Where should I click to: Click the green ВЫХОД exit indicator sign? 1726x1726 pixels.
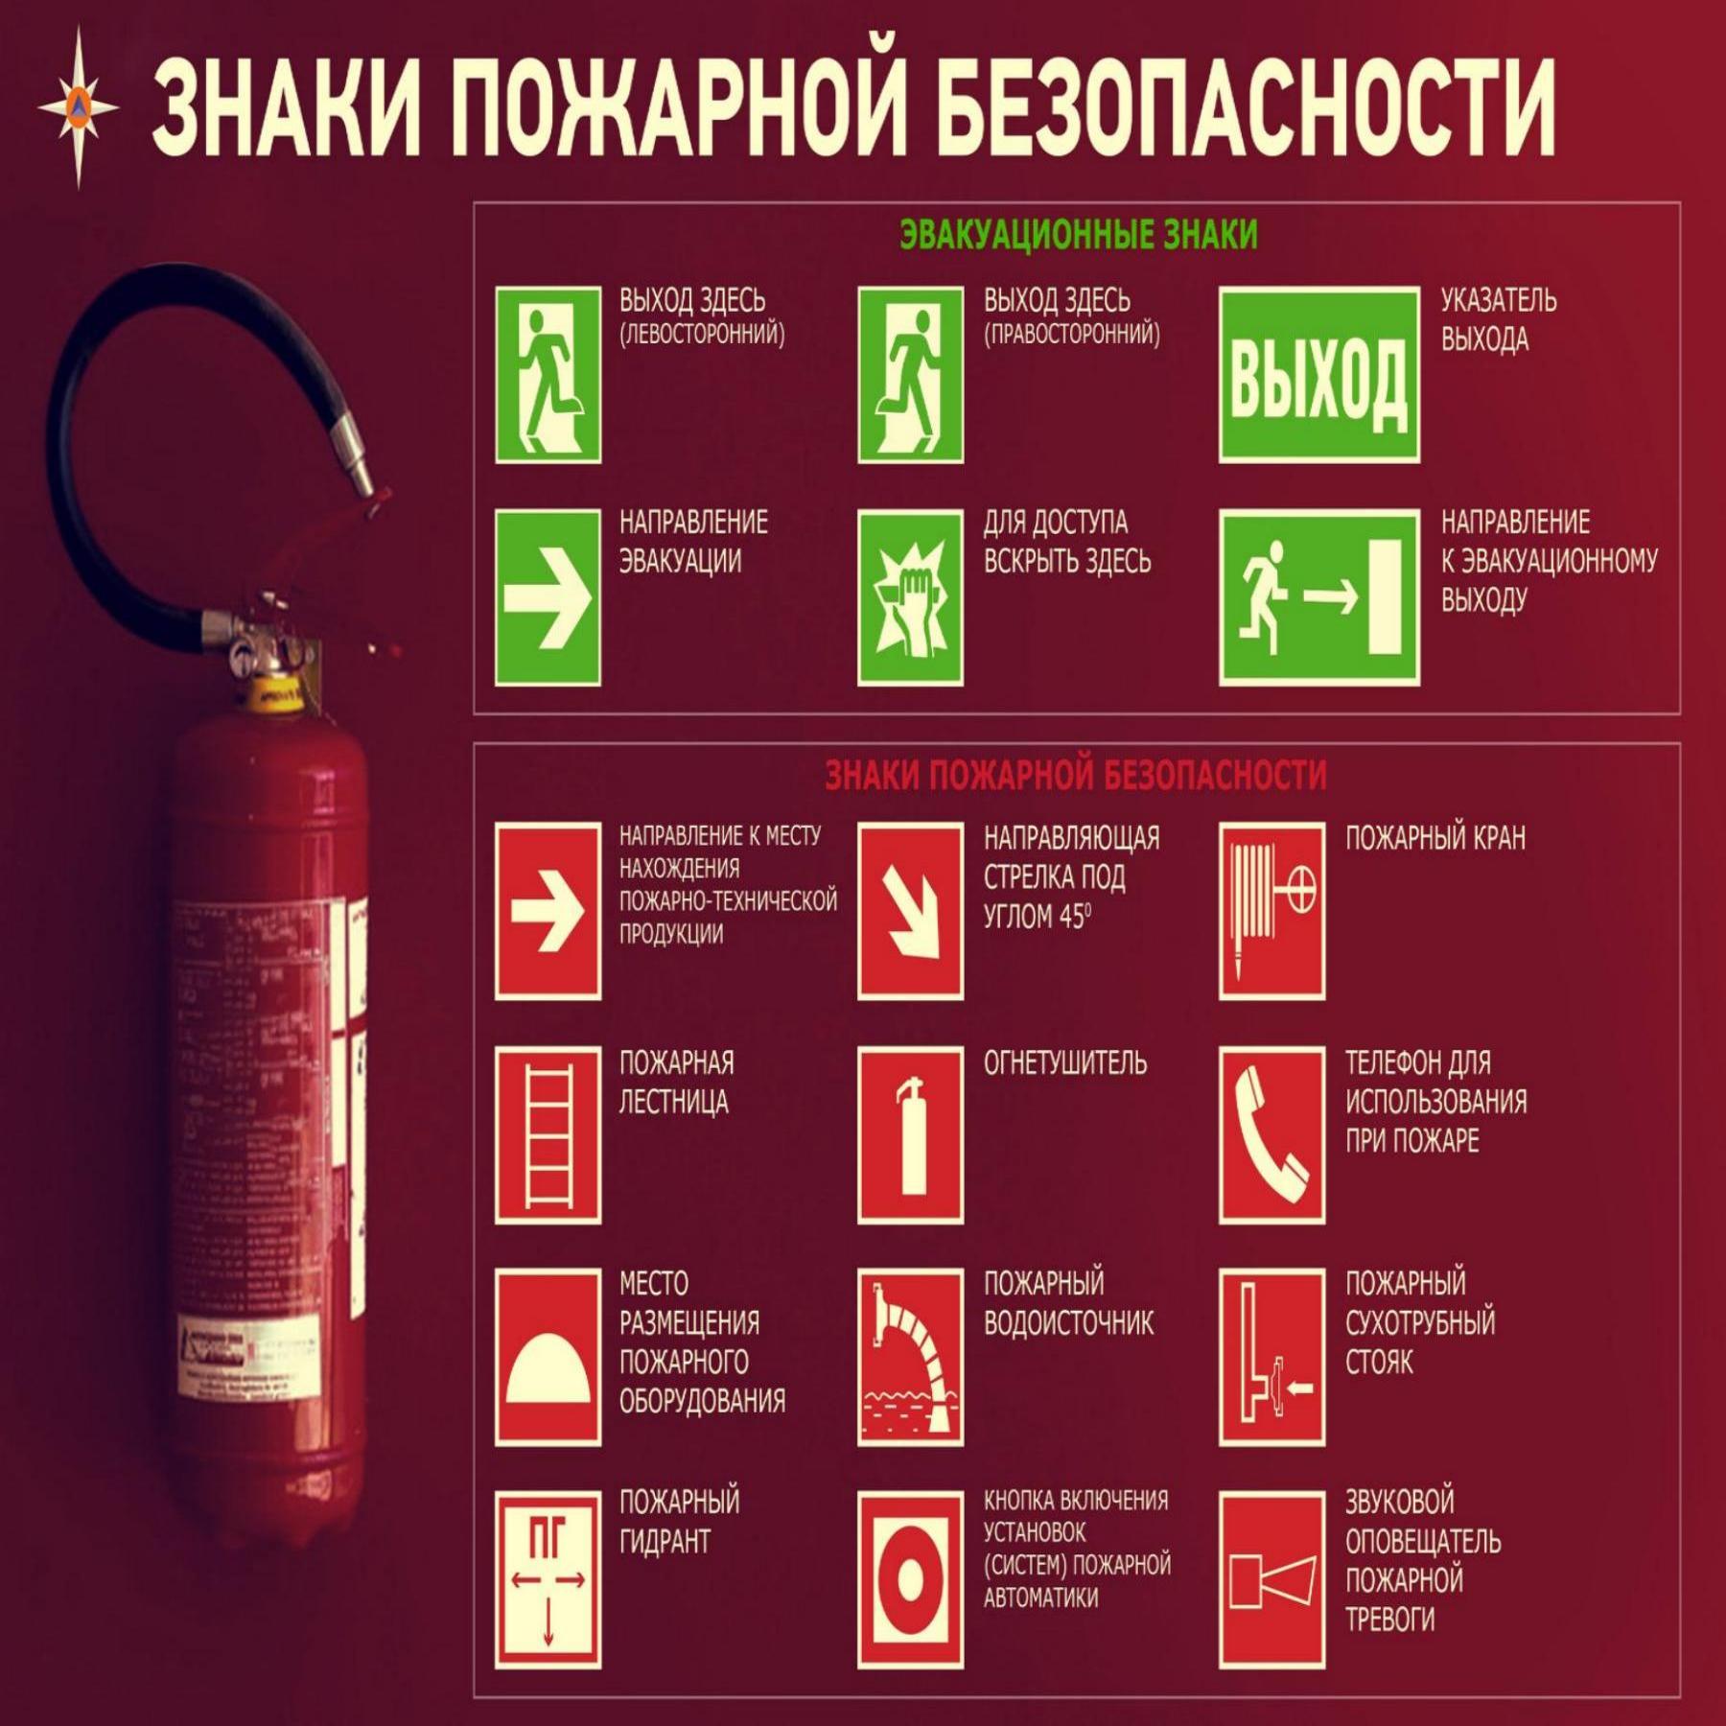pos(1318,375)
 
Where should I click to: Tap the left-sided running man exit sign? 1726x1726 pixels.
pos(548,375)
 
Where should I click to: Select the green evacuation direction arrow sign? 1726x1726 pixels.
pos(548,597)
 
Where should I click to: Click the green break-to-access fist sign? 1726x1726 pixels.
pos(910,597)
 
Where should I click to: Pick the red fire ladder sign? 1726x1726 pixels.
pos(548,1134)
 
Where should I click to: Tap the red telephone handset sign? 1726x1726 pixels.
pos(1271,1134)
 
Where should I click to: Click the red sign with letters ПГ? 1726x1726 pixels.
pos(548,1578)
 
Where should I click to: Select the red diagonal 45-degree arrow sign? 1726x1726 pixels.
pos(910,911)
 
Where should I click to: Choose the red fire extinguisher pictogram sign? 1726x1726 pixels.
pos(910,1134)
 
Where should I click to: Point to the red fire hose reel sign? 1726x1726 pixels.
pos(1271,911)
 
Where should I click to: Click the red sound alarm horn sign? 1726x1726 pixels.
pos(1271,1578)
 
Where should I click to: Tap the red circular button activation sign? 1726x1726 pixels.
pos(910,1578)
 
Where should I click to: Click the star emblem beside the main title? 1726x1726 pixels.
pos(79,105)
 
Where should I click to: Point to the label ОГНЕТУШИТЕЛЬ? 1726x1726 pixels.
pos(1064,1062)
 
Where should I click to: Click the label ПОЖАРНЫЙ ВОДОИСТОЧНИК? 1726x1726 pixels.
pos(1067,1303)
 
